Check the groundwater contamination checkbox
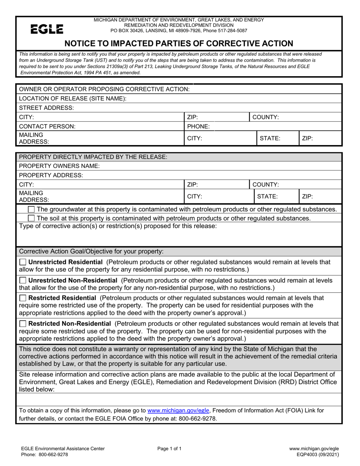tap(31, 210)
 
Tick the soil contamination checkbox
tap(31, 218)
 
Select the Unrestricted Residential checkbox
tap(23, 262)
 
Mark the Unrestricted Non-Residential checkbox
tap(23, 280)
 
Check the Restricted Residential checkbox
tap(23, 298)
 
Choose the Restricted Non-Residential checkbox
tap(23, 324)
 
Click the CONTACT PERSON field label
tap(47, 127)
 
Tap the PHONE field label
tap(198, 127)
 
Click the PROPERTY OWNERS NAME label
tap(59, 166)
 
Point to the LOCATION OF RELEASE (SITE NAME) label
tap(72, 99)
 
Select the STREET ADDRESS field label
tap(46, 108)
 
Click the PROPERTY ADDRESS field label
tap(50, 175)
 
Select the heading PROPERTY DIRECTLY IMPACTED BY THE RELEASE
tap(93, 157)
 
